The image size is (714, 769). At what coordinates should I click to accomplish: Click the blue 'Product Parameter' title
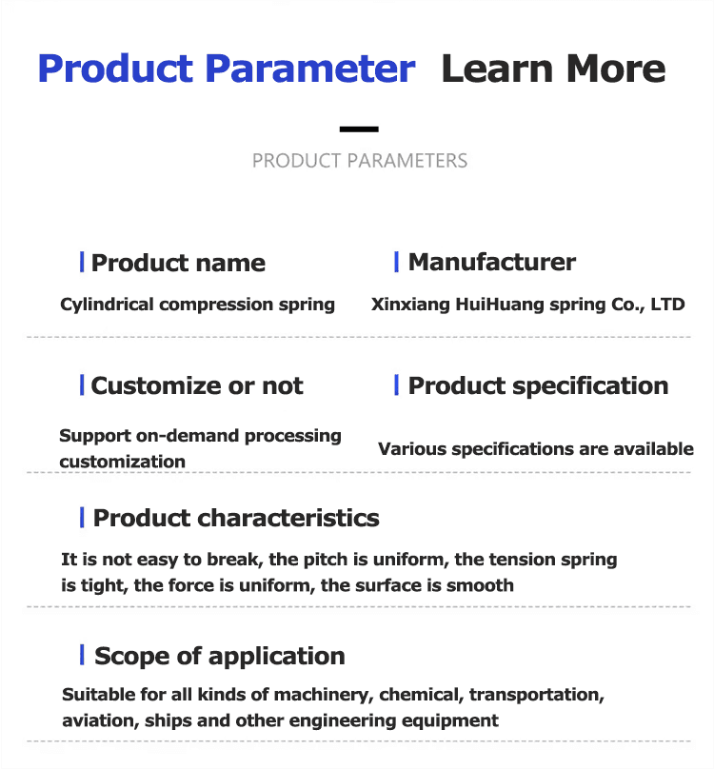click(227, 69)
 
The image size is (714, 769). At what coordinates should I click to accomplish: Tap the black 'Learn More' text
click(553, 69)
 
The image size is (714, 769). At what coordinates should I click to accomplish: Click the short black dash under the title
click(359, 128)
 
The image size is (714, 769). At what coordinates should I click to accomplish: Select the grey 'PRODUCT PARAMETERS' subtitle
click(360, 161)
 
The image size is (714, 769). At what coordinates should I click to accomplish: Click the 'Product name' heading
click(178, 264)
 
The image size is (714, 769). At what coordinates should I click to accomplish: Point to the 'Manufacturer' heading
click(491, 262)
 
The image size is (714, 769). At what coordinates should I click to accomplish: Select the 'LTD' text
click(667, 305)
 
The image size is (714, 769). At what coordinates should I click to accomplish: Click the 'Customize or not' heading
click(197, 385)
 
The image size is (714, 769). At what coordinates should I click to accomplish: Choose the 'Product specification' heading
click(538, 385)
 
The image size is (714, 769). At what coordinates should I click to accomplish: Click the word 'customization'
click(122, 462)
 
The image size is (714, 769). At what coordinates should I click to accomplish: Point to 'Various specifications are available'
click(536, 448)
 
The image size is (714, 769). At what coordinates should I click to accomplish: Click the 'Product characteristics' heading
click(236, 518)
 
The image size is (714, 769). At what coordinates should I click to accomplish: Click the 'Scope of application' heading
click(219, 656)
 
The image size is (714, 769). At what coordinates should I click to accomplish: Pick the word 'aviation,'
click(100, 720)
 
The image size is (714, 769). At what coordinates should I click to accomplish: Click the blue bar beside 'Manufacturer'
click(396, 262)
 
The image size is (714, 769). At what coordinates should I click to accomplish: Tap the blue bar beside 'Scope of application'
click(82, 655)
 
